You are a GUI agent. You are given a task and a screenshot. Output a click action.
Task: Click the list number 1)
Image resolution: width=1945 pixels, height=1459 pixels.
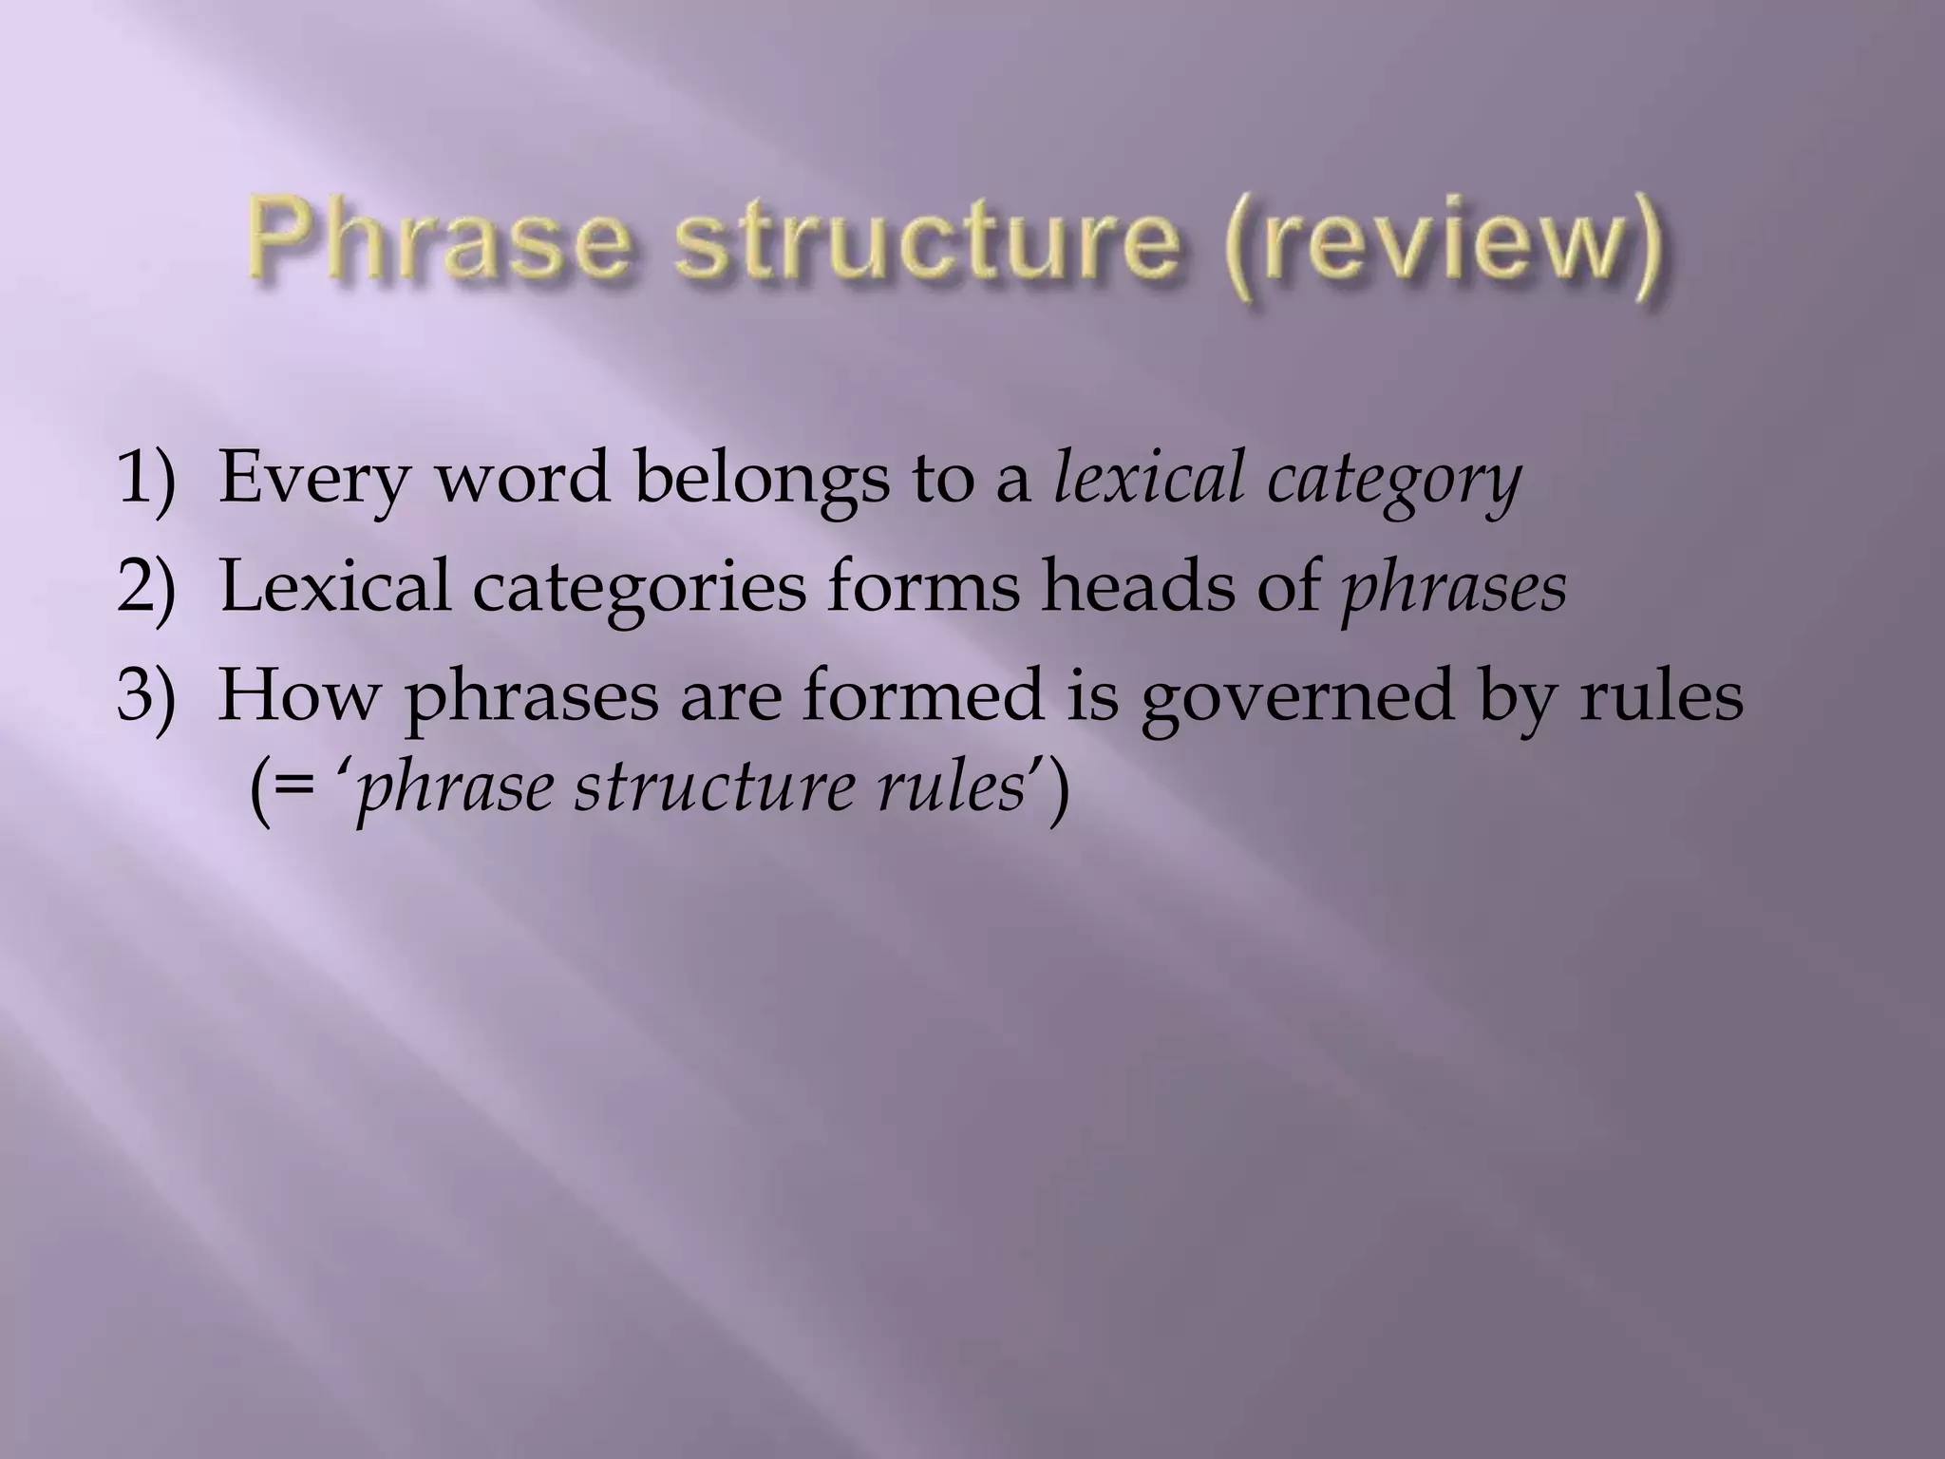coord(146,480)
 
